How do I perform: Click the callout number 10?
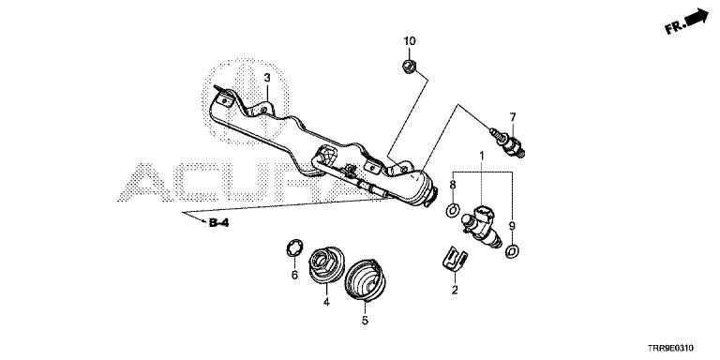pyautogui.click(x=410, y=41)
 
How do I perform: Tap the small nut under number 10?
pyautogui.click(x=409, y=67)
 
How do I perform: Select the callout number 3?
pyautogui.click(x=267, y=78)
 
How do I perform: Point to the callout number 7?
pyautogui.click(x=513, y=116)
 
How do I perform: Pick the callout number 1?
pyautogui.click(x=482, y=157)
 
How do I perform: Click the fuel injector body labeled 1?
pyautogui.click(x=480, y=227)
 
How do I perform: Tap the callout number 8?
pyautogui.click(x=452, y=185)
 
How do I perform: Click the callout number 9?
pyautogui.click(x=512, y=225)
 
